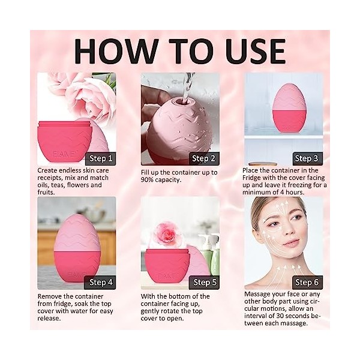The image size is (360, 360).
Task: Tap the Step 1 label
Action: click(101, 158)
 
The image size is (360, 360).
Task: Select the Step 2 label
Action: click(203, 158)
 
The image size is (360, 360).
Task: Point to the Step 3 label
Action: click(307, 158)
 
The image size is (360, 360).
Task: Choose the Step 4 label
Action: click(101, 283)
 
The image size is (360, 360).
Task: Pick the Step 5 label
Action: click(205, 283)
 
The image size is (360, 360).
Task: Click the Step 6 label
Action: click(307, 283)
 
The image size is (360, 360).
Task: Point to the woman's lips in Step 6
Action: click(292, 242)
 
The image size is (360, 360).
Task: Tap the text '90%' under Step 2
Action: click(147, 180)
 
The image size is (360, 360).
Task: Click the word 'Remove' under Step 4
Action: click(49, 296)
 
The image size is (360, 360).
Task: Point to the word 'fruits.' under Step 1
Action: click(46, 192)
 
